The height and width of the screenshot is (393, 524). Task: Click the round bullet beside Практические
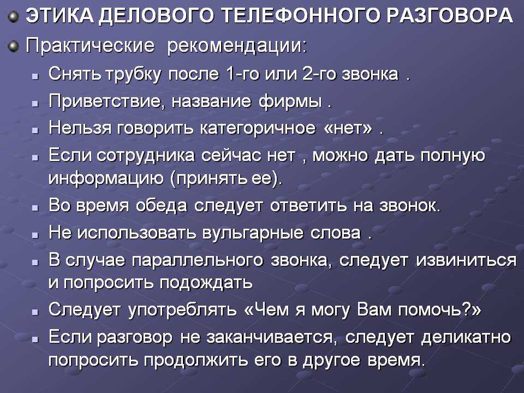(x=14, y=46)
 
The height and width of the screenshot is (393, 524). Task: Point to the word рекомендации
(x=236, y=46)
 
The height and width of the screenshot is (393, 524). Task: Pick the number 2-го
(x=319, y=74)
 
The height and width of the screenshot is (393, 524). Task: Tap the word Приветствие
(x=107, y=102)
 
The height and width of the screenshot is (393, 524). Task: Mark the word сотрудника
(x=146, y=156)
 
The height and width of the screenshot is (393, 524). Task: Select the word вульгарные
(x=253, y=233)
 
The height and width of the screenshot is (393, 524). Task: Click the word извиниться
(x=466, y=260)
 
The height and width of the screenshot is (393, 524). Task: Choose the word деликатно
(x=466, y=337)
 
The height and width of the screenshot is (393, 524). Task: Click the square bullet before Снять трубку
(x=35, y=76)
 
